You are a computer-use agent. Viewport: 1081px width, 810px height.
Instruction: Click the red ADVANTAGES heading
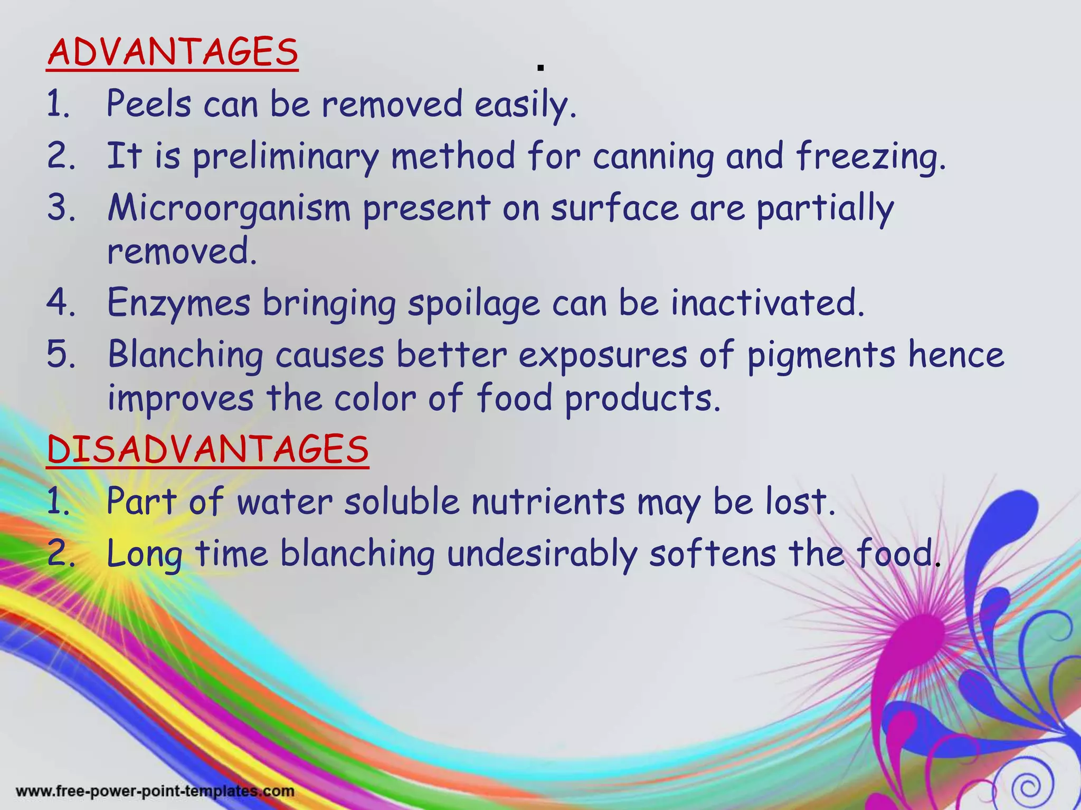pyautogui.click(x=173, y=53)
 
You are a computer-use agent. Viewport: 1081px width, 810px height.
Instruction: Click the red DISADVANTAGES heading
pyautogui.click(x=207, y=450)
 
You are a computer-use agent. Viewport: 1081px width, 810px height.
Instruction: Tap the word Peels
pyautogui.click(x=148, y=103)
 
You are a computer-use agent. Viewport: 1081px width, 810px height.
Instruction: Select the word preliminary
pyautogui.click(x=285, y=157)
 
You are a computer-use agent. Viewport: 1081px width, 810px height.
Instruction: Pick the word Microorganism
pyautogui.click(x=229, y=208)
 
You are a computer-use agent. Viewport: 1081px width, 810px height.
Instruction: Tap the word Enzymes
pyautogui.click(x=178, y=304)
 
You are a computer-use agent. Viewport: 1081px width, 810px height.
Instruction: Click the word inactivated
pyautogui.click(x=767, y=303)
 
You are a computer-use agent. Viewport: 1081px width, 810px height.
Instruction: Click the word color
pyautogui.click(x=375, y=398)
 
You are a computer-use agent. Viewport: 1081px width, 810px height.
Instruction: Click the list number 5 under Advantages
pyautogui.click(x=61, y=354)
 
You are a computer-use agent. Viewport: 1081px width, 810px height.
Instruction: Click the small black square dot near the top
pyautogui.click(x=540, y=68)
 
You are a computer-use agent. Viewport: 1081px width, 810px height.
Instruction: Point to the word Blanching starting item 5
pyautogui.click(x=185, y=355)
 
